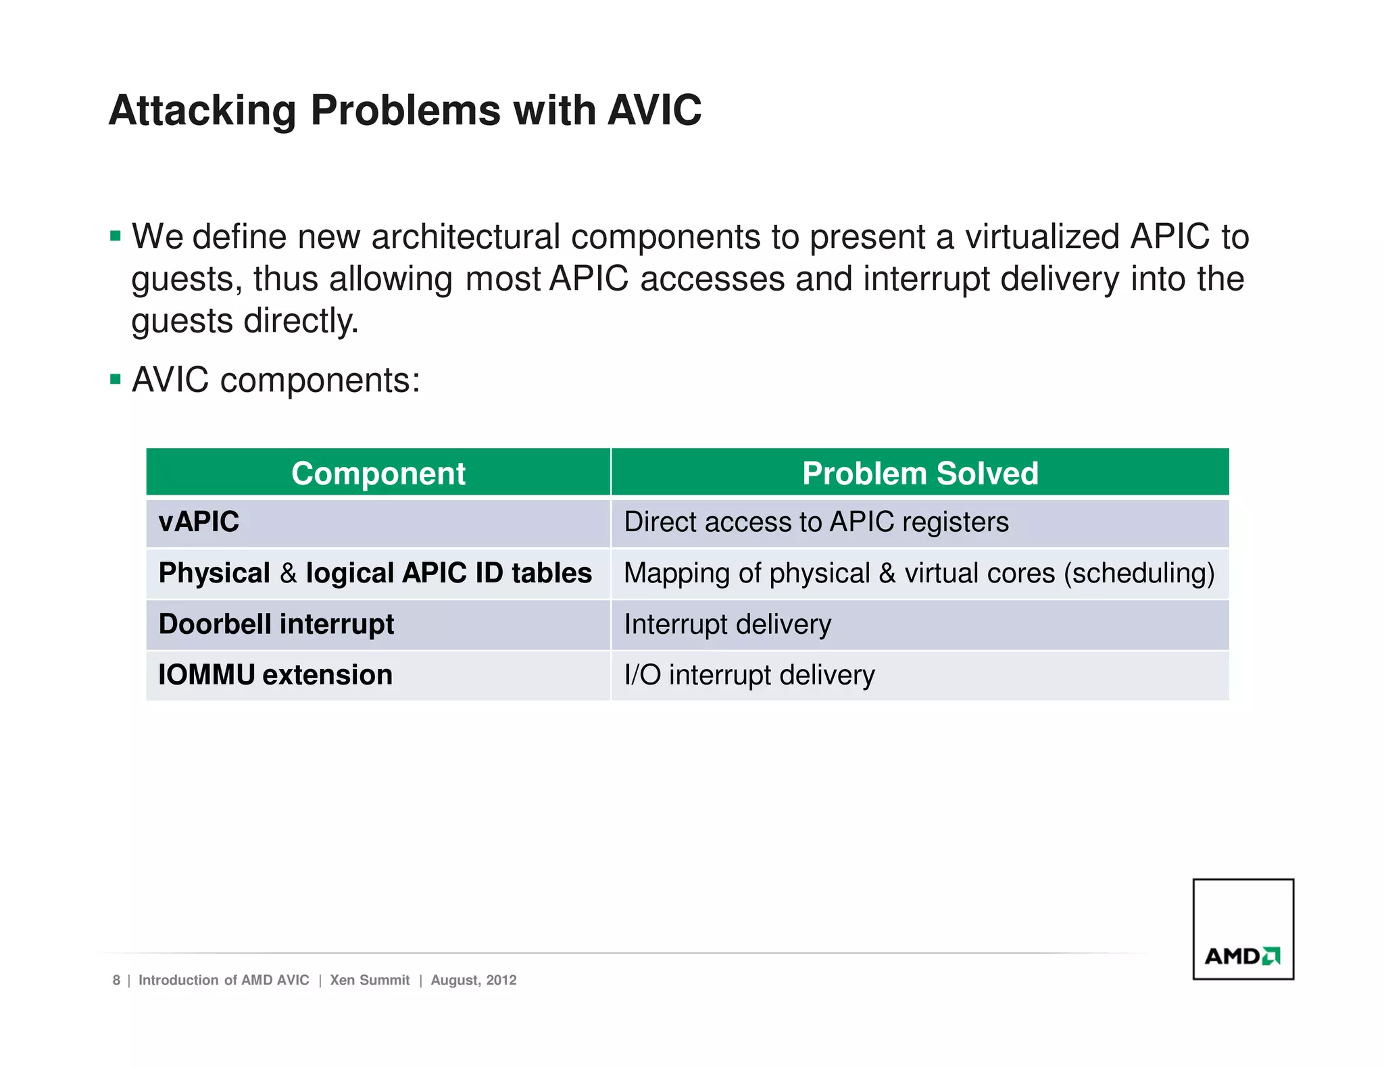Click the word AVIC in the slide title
click(x=654, y=110)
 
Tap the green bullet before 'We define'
click(x=116, y=237)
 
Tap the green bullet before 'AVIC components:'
click(x=116, y=380)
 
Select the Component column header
click(x=378, y=473)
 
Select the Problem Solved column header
click(x=920, y=473)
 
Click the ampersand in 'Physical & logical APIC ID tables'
click(x=288, y=574)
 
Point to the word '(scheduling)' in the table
click(x=1139, y=574)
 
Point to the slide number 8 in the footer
click(x=116, y=980)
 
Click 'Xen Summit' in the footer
click(x=370, y=980)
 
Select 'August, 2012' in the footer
click(x=474, y=980)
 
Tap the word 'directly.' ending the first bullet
click(x=301, y=321)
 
